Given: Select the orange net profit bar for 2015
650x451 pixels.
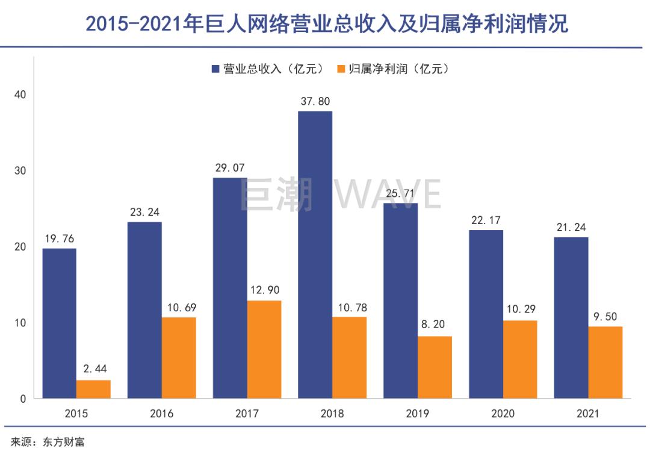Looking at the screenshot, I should pyautogui.click(x=93, y=389).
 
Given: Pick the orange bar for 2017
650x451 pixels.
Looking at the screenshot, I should pyautogui.click(x=264, y=349).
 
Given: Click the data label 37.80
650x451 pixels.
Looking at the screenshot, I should pyautogui.click(x=315, y=101).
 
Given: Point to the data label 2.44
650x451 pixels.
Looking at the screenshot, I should pyautogui.click(x=93, y=369).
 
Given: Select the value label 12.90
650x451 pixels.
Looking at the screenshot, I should pyautogui.click(x=264, y=290).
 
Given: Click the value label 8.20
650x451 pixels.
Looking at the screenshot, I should pyautogui.click(x=435, y=325).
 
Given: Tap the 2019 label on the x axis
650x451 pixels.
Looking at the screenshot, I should pyautogui.click(x=418, y=414).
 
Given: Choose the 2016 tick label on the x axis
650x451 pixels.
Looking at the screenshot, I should pyautogui.click(x=162, y=414).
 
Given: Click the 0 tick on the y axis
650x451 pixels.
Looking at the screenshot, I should pyautogui.click(x=23, y=399).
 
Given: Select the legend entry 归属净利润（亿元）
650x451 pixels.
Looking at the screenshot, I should pyautogui.click(x=393, y=69).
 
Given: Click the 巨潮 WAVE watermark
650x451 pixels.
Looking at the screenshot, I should pyautogui.click(x=341, y=194).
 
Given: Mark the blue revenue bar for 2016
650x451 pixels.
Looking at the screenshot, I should pyautogui.click(x=144, y=310).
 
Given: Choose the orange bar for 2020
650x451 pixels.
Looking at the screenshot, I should pyautogui.click(x=520, y=359).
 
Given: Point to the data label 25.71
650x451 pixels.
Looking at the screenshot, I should pyautogui.click(x=400, y=192).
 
